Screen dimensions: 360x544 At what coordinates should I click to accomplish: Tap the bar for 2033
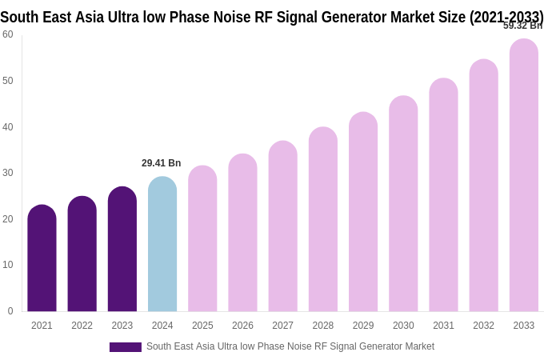click(524, 175)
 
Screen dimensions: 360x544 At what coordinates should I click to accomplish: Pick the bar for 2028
click(323, 219)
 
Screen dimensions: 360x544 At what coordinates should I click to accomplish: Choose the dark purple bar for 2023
click(122, 249)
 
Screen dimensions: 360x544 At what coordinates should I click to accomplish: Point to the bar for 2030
click(403, 204)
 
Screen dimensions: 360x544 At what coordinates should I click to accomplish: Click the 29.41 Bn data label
click(162, 163)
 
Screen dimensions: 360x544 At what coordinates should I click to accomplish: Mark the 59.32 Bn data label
click(522, 26)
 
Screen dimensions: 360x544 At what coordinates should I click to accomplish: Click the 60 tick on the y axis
click(8, 34)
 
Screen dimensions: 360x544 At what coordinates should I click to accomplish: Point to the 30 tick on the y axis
click(8, 173)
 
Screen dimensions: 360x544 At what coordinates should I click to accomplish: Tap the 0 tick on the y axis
click(10, 311)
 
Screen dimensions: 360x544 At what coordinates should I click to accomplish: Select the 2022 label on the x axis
click(82, 326)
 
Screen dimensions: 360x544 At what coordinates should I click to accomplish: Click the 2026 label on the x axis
click(242, 326)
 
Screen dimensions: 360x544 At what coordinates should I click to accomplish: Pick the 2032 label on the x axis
click(483, 326)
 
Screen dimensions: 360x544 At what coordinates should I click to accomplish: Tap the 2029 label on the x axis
click(363, 326)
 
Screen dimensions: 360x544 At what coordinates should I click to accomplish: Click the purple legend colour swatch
click(126, 347)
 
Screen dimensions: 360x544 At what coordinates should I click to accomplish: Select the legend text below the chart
click(290, 346)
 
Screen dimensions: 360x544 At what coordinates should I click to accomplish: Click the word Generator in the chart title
click(362, 17)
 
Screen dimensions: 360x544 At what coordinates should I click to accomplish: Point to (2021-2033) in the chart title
click(506, 17)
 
